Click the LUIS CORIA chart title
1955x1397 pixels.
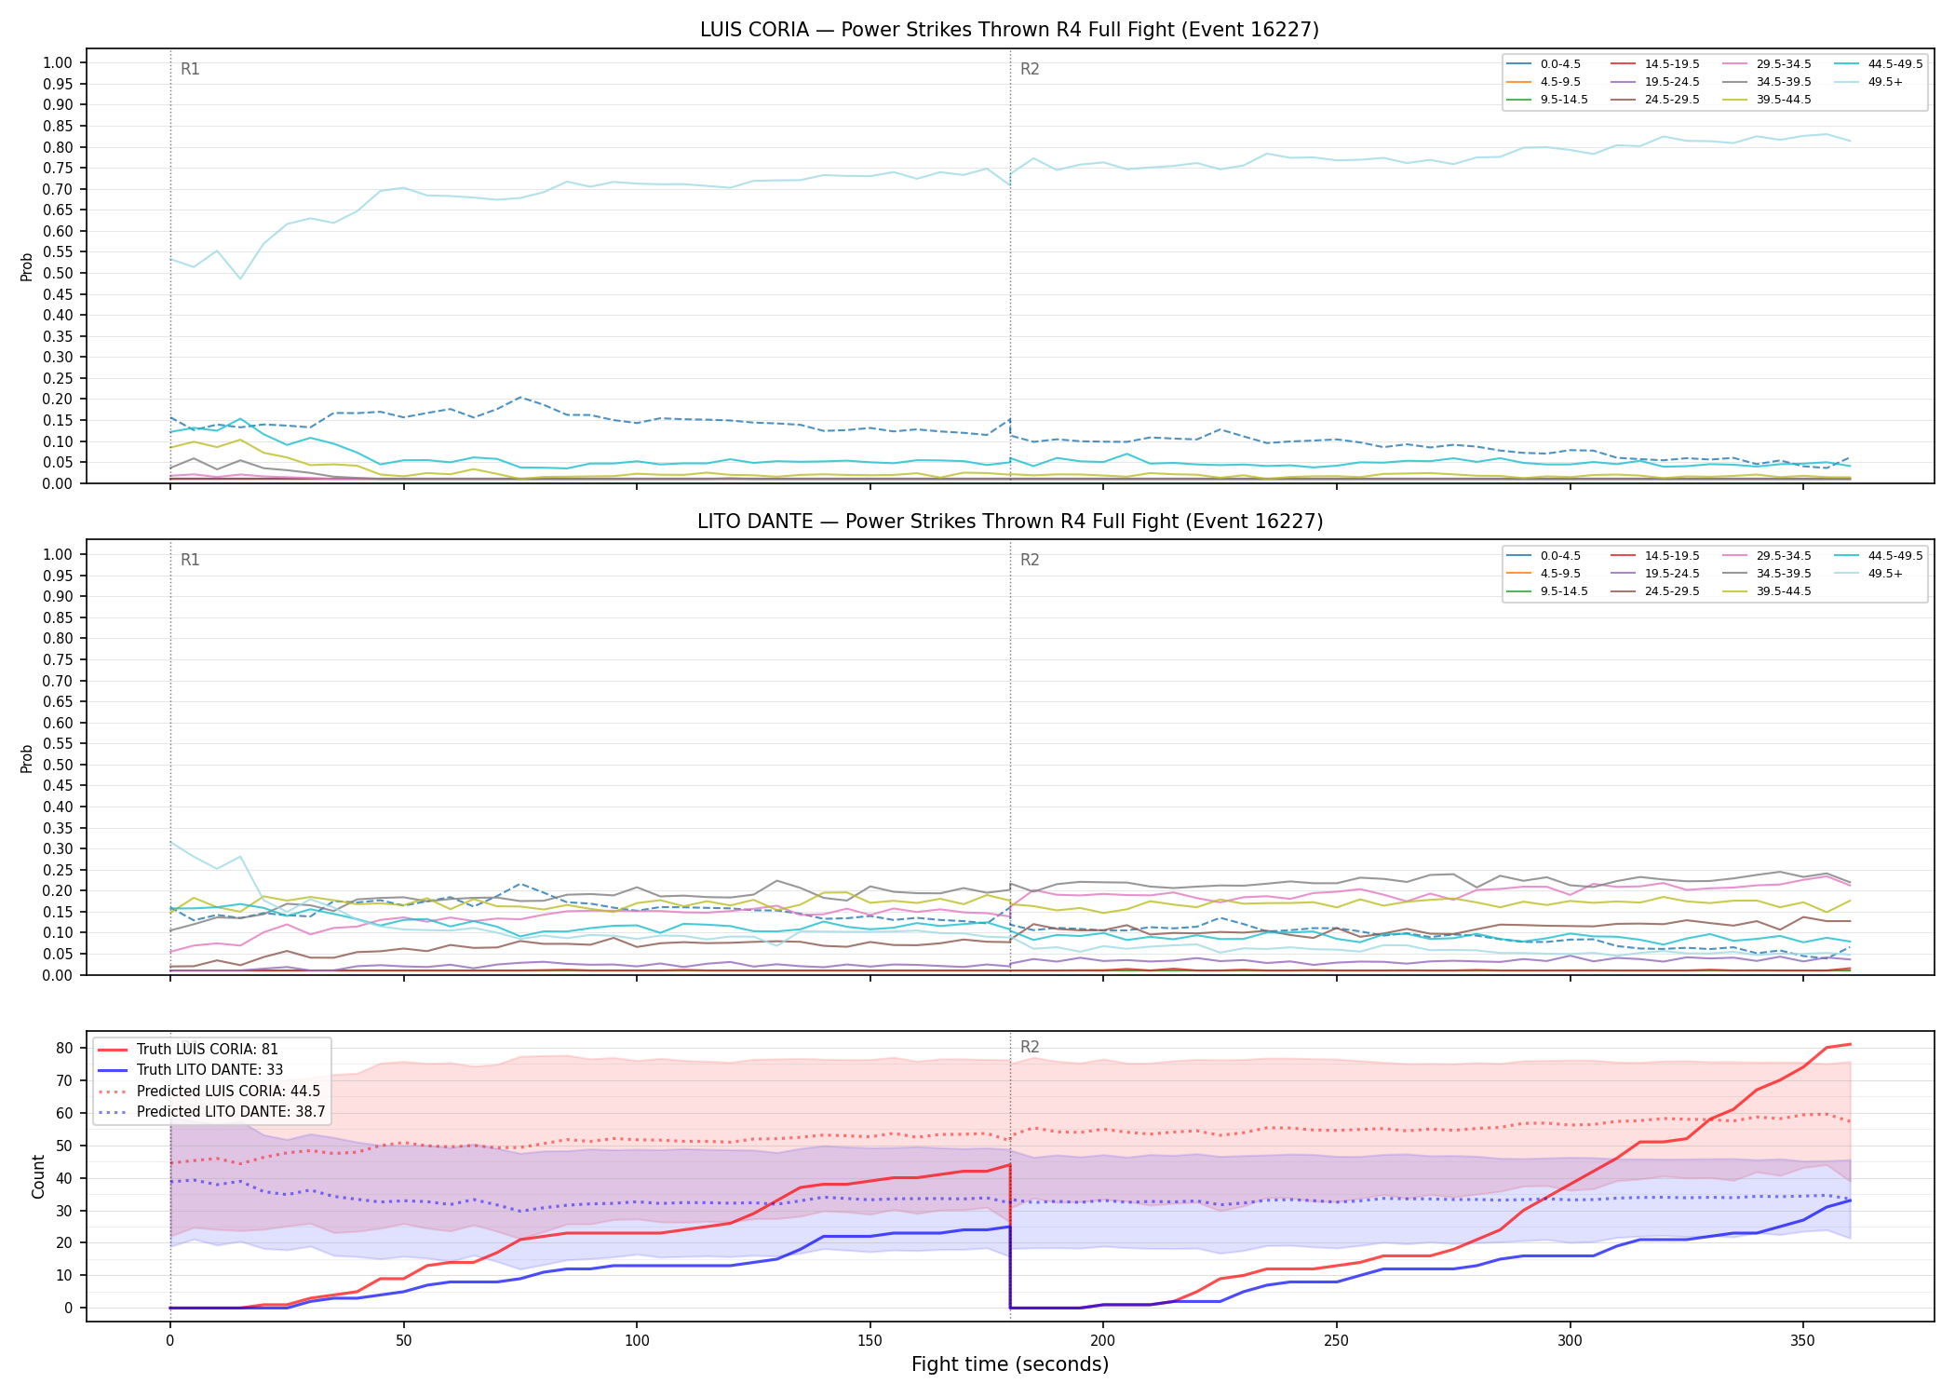pyautogui.click(x=1009, y=30)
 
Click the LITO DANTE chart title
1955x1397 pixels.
pyautogui.click(x=1010, y=522)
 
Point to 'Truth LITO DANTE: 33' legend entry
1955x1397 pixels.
pyautogui.click(x=190, y=1070)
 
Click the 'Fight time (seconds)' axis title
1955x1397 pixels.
pyautogui.click(x=1010, y=1364)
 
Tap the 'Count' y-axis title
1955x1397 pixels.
pyautogui.click(x=38, y=1176)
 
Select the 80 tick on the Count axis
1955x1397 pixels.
pyautogui.click(x=64, y=1048)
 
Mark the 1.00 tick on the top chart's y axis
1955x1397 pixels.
pyautogui.click(x=58, y=63)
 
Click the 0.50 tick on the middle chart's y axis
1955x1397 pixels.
pyautogui.click(x=58, y=765)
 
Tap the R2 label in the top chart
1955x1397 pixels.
pyautogui.click(x=1030, y=69)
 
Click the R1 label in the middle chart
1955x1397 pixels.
pyautogui.click(x=190, y=560)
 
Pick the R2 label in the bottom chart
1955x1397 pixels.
pyautogui.click(x=1030, y=1047)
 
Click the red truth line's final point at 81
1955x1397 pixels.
pyautogui.click(x=1849, y=1044)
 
